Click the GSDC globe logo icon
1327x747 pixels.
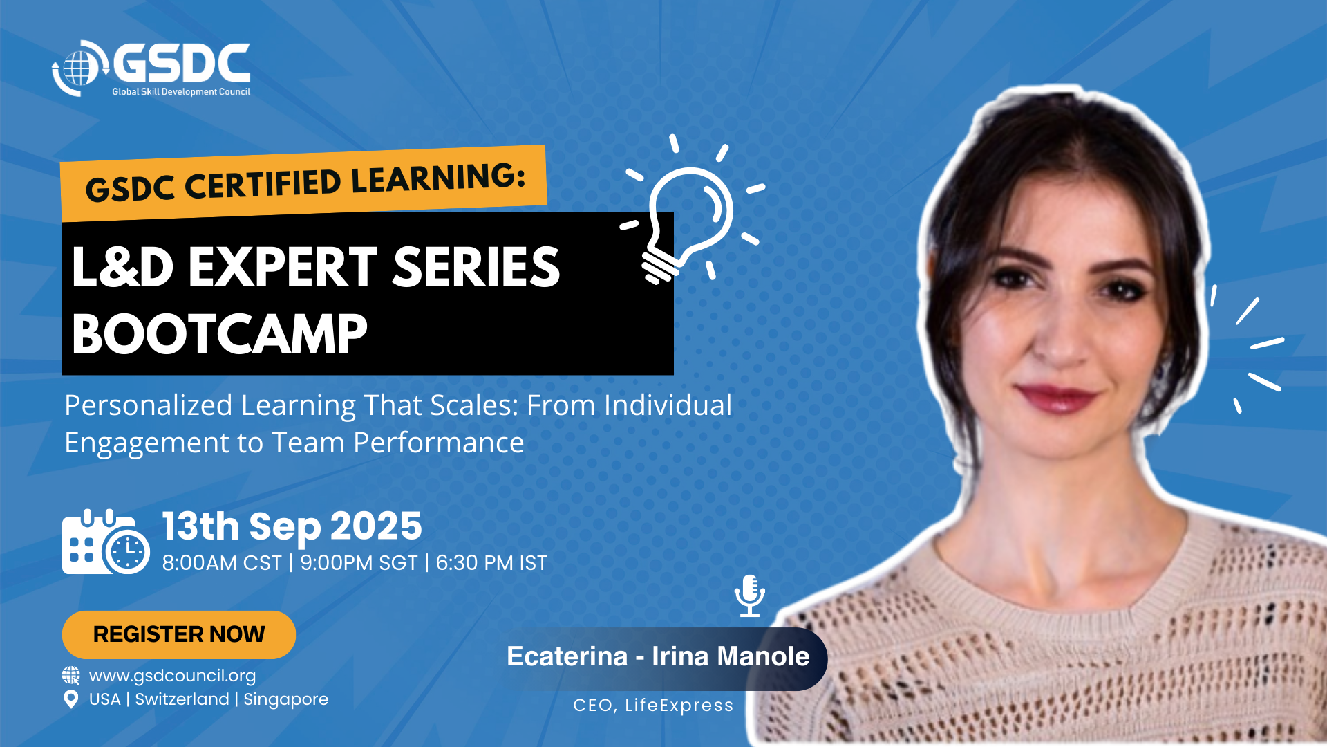click(80, 68)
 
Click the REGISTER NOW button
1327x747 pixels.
click(179, 634)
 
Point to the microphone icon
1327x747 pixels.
click(750, 596)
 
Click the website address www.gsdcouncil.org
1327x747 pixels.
click(172, 676)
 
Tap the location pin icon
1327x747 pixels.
click(70, 699)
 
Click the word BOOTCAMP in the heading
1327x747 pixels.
click(220, 334)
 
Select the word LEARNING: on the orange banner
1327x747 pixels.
click(438, 177)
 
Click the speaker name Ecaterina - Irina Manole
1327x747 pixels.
click(658, 656)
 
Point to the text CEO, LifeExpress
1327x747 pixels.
click(653, 705)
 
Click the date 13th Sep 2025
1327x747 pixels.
click(292, 526)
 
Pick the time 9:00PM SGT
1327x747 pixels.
click(359, 563)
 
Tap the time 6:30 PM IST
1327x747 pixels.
click(491, 563)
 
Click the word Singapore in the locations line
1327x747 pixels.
click(286, 699)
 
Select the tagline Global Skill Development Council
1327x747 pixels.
click(181, 92)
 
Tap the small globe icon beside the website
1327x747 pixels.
click(71, 675)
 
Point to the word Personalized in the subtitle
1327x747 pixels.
click(149, 406)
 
